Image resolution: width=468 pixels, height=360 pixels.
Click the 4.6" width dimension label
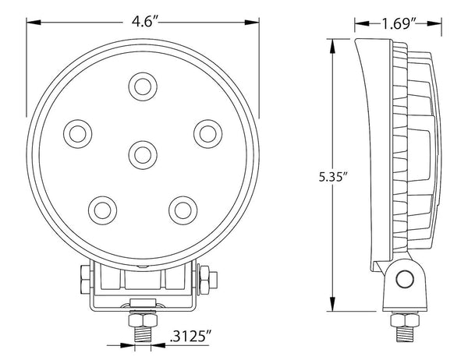142,23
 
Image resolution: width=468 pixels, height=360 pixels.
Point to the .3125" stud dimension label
190,340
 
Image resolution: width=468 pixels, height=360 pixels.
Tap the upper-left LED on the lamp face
76,132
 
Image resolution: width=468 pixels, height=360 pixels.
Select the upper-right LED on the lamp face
207,132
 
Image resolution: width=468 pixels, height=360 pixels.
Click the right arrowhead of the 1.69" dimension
425,23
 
